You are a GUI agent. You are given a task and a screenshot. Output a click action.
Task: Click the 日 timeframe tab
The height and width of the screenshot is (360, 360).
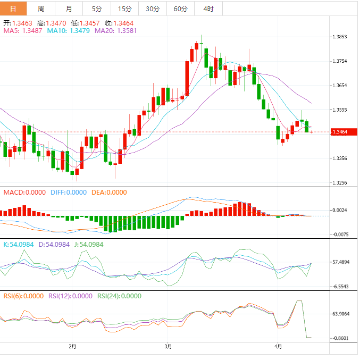[x=13, y=9]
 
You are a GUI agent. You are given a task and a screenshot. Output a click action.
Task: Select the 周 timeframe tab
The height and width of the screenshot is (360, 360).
[x=41, y=9]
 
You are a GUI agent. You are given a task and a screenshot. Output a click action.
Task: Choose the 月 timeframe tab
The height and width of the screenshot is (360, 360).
[x=69, y=9]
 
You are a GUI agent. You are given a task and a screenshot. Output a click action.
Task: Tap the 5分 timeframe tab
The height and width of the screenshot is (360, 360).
[x=97, y=9]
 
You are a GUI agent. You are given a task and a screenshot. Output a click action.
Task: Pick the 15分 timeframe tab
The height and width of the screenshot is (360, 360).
[x=124, y=9]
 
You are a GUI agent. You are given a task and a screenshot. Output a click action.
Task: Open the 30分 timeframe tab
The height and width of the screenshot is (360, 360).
[x=152, y=9]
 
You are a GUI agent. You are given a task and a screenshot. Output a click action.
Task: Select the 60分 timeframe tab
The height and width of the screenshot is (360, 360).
[x=180, y=9]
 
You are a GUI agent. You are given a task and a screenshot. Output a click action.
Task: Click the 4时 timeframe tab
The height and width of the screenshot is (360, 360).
[x=208, y=9]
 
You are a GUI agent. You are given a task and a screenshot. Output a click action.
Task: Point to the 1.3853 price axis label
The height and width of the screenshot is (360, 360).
[x=340, y=37]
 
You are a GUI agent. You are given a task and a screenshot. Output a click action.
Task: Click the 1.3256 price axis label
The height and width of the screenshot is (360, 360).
[x=340, y=182]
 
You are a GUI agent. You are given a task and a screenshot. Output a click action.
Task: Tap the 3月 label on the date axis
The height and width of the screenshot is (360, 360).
[x=168, y=347]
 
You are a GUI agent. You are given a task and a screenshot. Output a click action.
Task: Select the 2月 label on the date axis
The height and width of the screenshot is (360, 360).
[x=72, y=347]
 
